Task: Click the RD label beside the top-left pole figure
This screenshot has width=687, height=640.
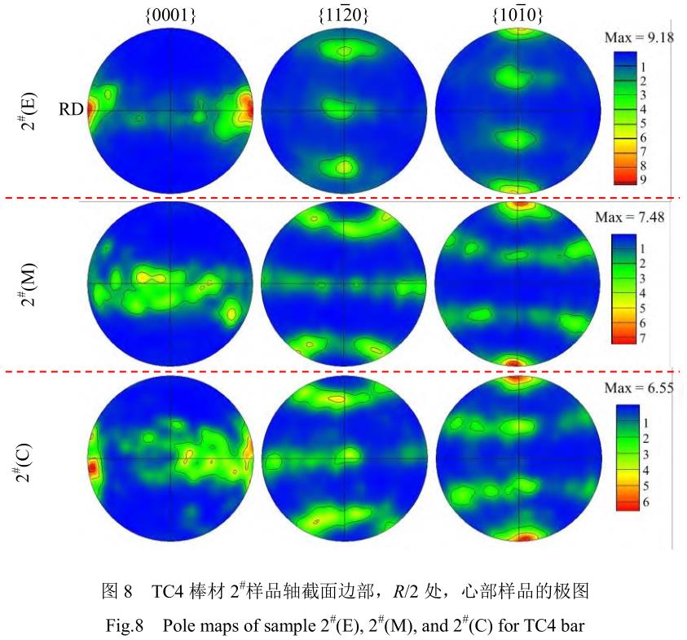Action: coord(72,109)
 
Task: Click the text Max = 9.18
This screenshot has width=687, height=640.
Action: coord(639,37)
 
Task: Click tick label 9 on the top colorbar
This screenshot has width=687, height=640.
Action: coord(643,180)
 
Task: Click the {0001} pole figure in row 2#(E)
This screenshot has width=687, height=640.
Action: coord(171,109)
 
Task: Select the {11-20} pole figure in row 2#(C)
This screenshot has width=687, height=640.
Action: coord(344,460)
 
